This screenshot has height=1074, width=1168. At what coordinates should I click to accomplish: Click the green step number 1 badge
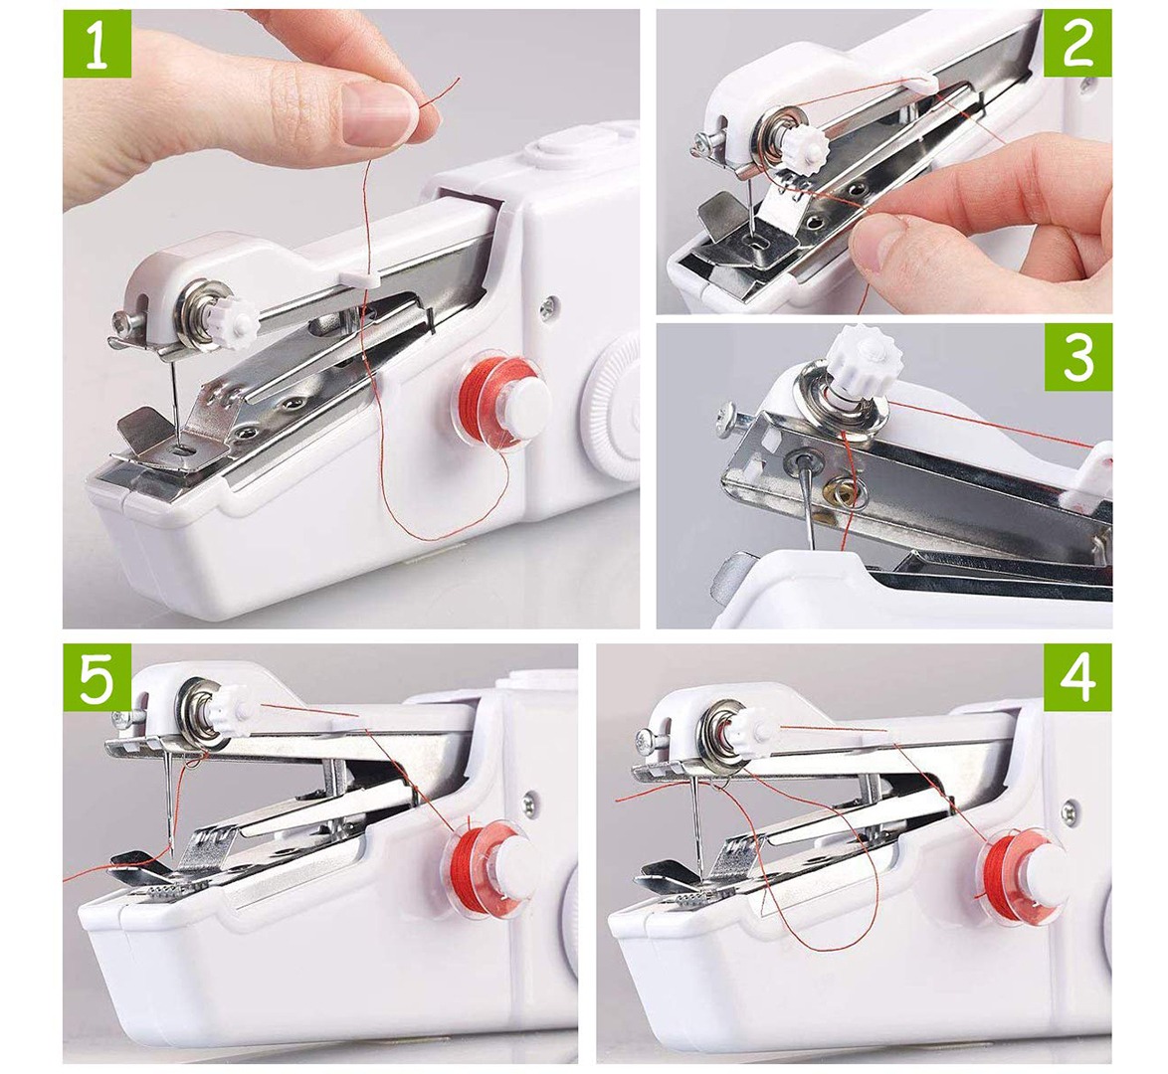click(97, 43)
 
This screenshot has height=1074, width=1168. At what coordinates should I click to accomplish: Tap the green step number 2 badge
click(1077, 43)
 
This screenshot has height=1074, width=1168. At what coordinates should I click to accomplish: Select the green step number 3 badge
click(1077, 357)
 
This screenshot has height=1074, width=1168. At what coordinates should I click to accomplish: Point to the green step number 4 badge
click(1077, 677)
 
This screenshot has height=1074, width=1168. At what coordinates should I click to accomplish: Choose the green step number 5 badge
click(97, 677)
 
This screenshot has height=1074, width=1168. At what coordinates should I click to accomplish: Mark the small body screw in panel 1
click(549, 304)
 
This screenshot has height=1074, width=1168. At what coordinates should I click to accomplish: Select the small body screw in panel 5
click(529, 803)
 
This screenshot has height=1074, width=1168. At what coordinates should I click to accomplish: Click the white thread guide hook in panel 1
click(360, 277)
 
